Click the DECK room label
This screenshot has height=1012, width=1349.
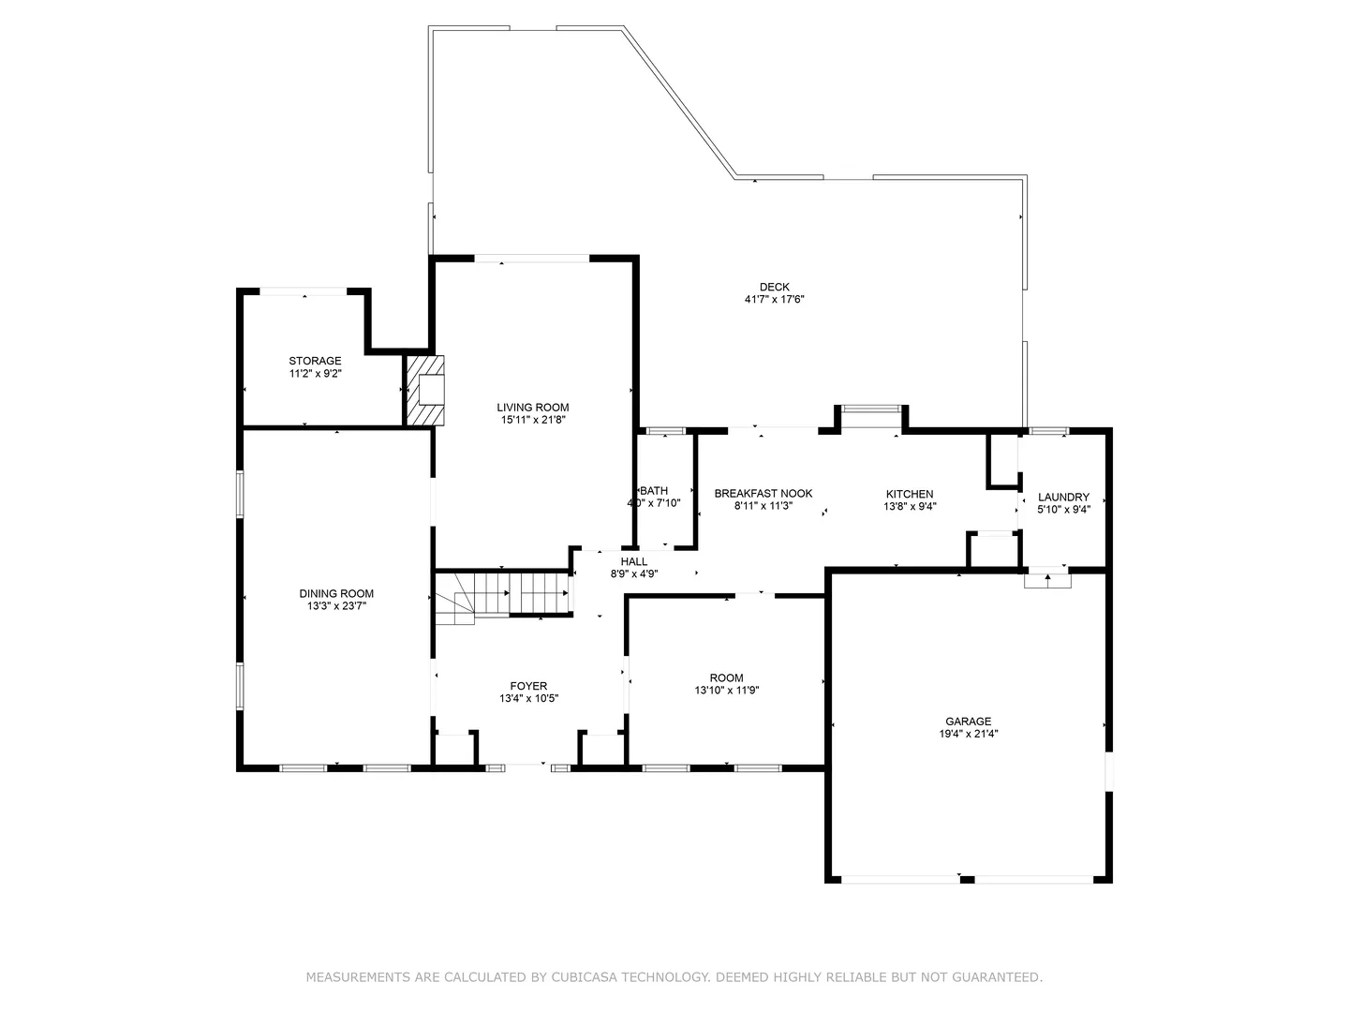[774, 287]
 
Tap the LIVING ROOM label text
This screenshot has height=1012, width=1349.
[532, 408]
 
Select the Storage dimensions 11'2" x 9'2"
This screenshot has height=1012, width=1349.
[316, 373]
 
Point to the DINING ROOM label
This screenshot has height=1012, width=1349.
[336, 593]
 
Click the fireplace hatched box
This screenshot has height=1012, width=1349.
[424, 390]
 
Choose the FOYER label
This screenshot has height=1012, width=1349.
[528, 686]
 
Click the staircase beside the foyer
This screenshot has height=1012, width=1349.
[502, 595]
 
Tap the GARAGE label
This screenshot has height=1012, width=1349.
[968, 722]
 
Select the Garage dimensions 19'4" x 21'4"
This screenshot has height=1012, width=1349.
[968, 734]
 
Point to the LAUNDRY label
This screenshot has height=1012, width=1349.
[1063, 497]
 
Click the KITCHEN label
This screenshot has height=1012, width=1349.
[910, 494]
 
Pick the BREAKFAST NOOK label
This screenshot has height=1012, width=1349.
[763, 494]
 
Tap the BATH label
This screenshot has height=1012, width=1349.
[654, 491]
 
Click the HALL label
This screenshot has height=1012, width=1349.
[633, 561]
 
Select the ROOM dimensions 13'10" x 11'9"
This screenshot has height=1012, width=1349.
[726, 690]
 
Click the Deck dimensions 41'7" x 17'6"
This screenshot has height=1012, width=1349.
[774, 299]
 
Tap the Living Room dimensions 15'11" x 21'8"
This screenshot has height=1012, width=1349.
[532, 420]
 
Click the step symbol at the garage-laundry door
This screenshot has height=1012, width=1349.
[1047, 580]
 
